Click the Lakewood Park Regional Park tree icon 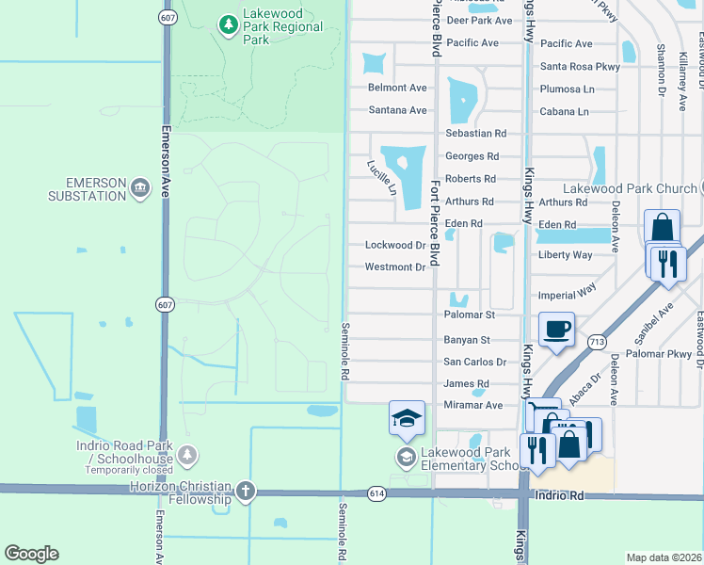227,24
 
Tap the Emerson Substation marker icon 141,188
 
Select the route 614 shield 350,492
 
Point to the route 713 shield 595,342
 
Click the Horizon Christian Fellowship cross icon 246,491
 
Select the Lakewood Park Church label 631,188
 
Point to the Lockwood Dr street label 395,245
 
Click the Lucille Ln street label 382,177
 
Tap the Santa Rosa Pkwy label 580,67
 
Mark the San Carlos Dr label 475,362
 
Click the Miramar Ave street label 473,405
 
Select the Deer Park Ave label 479,20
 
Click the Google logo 31,554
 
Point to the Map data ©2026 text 664,557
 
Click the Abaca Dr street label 584,386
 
